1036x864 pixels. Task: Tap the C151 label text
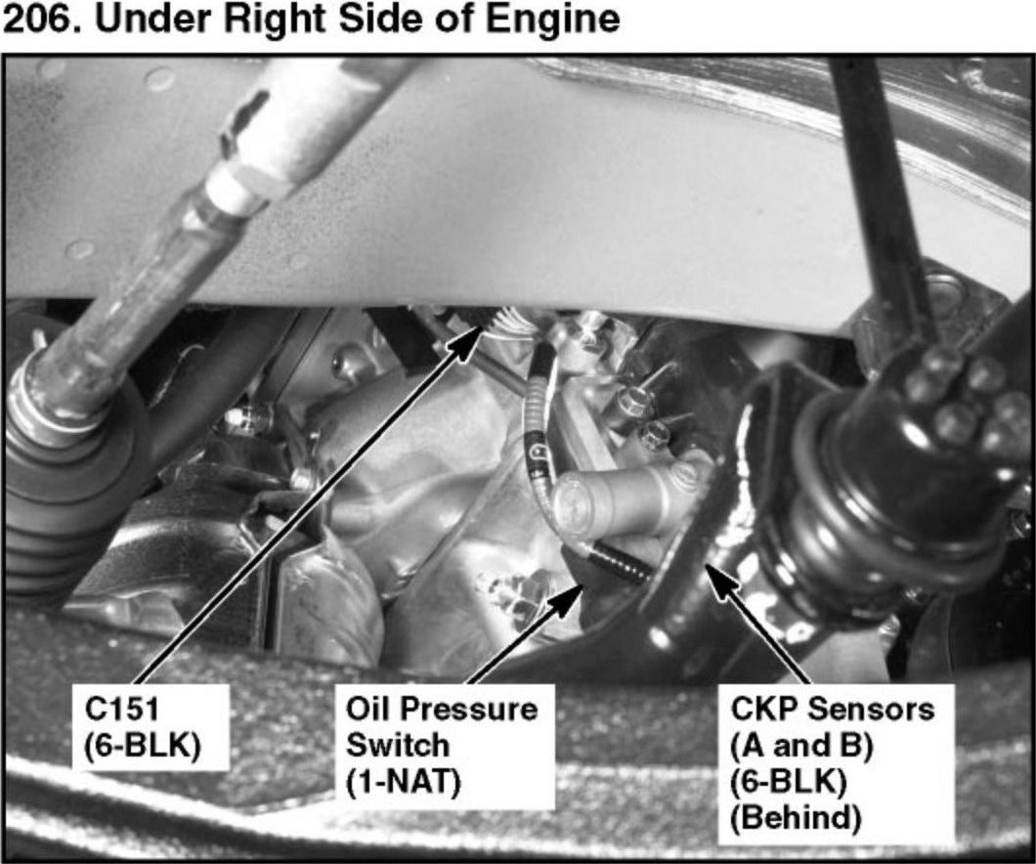122,711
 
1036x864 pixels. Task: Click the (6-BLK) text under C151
142,747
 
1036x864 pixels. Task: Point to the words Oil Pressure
442,711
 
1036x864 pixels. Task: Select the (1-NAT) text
403,784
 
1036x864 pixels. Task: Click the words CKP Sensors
833,710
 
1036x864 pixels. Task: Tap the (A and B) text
801,747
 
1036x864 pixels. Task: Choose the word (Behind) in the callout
796,818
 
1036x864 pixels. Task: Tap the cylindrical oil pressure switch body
621,498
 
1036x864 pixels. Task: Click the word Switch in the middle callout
398,747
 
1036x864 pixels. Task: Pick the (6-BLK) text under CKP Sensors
788,783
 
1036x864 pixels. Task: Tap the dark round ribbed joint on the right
905,455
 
